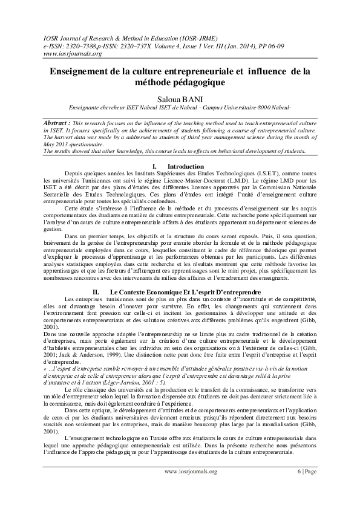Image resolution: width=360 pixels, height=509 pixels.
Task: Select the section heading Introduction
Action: tap(185, 166)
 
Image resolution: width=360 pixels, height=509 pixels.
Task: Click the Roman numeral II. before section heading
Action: tap(87, 292)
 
